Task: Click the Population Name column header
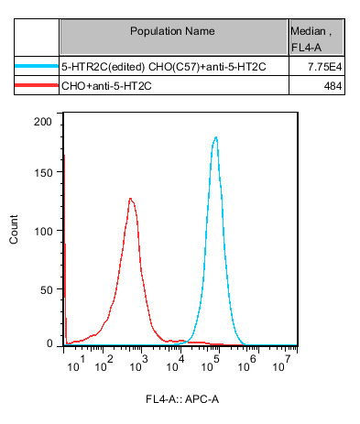[172, 31]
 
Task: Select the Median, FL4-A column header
[312, 37]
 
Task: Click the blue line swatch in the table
[37, 67]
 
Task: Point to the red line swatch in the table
[37, 86]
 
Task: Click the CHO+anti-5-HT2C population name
[102, 86]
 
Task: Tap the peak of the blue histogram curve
[215, 138]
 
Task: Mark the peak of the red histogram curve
[131, 199]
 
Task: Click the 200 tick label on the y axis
[42, 121]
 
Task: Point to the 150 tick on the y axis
[42, 176]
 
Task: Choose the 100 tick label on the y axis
[42, 232]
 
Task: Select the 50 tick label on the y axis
[45, 288]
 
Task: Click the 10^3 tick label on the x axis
[137, 364]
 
